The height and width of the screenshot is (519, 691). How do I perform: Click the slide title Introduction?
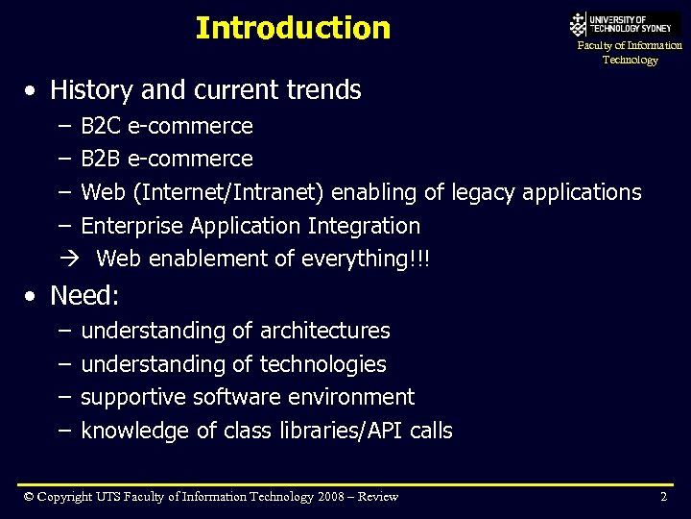293,28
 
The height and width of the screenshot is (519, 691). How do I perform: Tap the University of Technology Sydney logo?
624,24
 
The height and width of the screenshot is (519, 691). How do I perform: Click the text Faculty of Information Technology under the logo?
630,53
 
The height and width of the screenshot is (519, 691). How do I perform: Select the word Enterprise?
132,226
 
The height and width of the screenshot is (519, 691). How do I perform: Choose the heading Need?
84,295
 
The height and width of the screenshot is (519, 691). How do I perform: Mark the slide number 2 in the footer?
663,497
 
